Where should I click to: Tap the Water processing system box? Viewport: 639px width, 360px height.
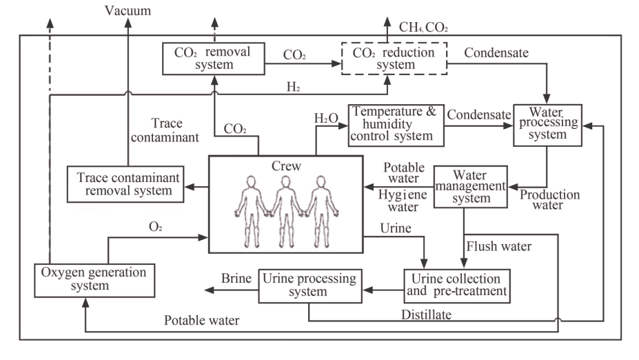coord(548,124)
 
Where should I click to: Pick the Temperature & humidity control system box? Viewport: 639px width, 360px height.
coord(395,123)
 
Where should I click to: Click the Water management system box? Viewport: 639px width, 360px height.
coord(469,186)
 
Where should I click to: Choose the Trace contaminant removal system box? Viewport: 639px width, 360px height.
coord(125,184)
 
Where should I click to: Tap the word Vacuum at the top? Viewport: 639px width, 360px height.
coord(128,10)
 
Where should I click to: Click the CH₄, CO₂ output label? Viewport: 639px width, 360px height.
coord(425,27)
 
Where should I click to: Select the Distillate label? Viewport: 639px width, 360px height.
coord(428,315)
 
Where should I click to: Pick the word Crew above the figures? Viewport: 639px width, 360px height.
coord(285,166)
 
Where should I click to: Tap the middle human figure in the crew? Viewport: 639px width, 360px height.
coord(285,212)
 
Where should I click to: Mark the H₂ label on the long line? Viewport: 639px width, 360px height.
coord(294,86)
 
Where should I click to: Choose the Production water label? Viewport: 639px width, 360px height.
coord(549,199)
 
